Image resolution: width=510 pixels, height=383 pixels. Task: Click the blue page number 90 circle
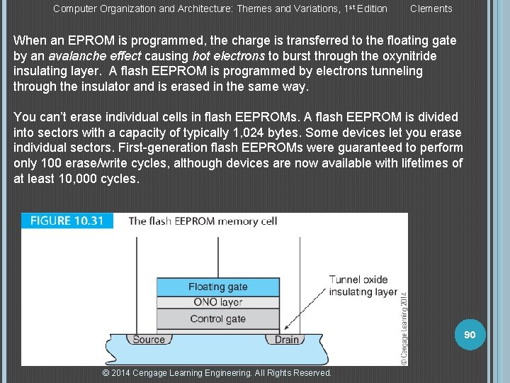(469, 334)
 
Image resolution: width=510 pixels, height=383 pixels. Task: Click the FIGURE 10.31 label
(67, 221)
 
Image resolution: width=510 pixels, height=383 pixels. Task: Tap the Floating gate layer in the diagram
(217, 287)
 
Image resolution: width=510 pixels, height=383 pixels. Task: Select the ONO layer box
(217, 302)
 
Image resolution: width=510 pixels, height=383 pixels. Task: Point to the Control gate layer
(217, 318)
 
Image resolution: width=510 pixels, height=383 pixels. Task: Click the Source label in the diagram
(149, 340)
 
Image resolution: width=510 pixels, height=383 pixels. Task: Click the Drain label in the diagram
(287, 340)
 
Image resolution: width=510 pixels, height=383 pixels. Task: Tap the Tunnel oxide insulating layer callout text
(363, 285)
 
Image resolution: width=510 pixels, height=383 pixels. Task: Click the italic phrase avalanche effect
(94, 56)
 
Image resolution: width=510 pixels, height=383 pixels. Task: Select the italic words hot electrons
(228, 56)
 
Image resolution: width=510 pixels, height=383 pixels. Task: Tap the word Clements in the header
(431, 9)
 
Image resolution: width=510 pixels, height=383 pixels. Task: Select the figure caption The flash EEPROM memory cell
(203, 221)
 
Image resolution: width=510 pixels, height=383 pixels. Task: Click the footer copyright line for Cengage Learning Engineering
(217, 372)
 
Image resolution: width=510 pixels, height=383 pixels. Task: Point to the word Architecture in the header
(210, 9)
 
